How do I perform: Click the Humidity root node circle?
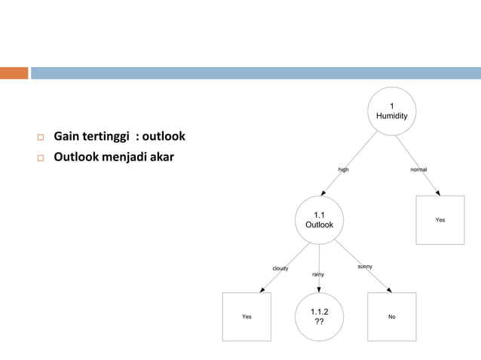point(392,111)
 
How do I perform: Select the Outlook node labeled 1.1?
point(319,220)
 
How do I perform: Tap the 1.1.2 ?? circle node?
point(319,316)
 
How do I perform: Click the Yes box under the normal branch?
point(440,220)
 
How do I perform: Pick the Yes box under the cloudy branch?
point(247,316)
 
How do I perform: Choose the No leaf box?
point(392,316)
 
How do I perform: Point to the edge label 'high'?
point(343,169)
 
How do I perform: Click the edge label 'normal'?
point(418,169)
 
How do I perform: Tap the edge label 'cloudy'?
point(280,268)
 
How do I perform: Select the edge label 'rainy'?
point(318,274)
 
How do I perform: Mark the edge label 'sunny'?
point(365,267)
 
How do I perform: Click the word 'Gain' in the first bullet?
point(67,136)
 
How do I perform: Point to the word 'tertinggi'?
point(106,136)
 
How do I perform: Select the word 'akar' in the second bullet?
point(161,157)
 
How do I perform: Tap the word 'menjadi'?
point(121,157)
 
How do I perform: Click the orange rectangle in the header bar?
point(14,73)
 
